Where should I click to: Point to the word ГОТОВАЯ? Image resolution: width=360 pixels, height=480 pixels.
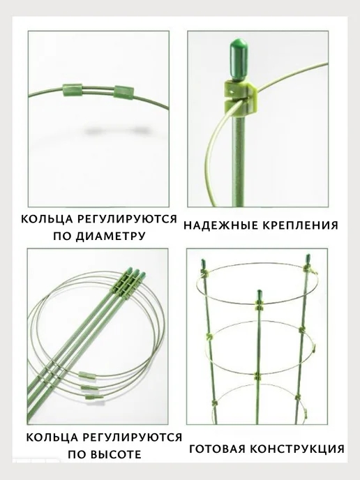(218, 449)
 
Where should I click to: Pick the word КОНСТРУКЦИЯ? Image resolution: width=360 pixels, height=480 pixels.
(297, 449)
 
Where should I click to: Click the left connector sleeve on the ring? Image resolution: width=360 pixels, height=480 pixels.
(73, 90)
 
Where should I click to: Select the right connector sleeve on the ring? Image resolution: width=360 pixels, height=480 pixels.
(124, 92)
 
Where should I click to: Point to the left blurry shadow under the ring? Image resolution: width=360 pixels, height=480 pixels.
(93, 131)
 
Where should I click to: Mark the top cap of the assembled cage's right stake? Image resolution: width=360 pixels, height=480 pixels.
(308, 259)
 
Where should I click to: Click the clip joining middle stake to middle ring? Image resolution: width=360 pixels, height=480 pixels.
(259, 376)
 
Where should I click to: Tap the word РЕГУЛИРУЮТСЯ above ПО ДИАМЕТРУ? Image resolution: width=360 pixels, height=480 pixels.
(126, 219)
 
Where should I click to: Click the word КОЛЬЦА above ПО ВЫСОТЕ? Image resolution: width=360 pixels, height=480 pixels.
(50, 437)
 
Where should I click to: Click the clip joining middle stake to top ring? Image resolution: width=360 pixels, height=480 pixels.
(260, 305)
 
